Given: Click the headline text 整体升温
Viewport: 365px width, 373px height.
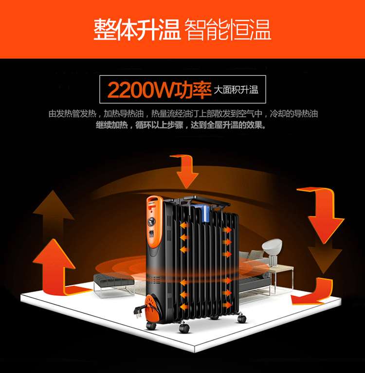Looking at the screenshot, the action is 137,30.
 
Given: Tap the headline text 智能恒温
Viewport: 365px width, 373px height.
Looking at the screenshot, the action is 228,30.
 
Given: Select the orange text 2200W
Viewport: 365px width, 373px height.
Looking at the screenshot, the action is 141,89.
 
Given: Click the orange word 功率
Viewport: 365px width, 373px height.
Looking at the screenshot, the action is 193,89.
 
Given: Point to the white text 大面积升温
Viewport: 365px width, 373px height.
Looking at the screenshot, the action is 236,90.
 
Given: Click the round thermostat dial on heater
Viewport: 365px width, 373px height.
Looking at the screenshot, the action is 151,222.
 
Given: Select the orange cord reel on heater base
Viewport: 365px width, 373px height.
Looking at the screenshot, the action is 154,307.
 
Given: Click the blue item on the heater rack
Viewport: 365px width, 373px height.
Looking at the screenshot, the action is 203,212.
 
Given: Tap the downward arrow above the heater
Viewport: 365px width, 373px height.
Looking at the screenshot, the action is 184,171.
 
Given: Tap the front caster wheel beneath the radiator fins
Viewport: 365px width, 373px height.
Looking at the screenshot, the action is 184,328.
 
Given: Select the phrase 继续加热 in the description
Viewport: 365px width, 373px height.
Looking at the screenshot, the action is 112,125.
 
